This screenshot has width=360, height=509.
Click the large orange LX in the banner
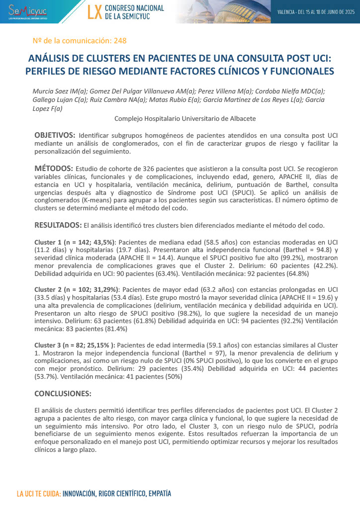[x=94, y=12]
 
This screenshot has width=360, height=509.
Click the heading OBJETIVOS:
[x=55, y=135]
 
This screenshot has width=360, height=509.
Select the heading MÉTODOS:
[x=54, y=169]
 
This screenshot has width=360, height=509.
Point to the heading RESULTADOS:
[x=58, y=225]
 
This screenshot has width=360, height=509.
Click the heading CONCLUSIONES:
[x=63, y=394]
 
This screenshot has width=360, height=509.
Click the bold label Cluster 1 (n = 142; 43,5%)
[x=75, y=241]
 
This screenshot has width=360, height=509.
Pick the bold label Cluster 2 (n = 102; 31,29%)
[x=77, y=289]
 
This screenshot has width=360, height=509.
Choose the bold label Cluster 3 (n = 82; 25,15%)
[x=75, y=345]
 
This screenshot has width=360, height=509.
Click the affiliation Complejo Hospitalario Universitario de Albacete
[x=185, y=118]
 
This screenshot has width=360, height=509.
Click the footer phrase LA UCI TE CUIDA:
[x=39, y=494]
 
